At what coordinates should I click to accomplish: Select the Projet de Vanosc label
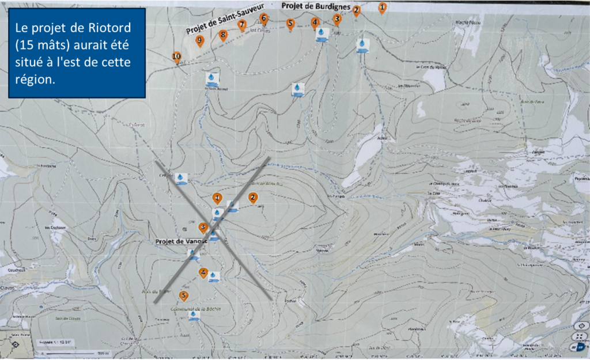coord(176,241)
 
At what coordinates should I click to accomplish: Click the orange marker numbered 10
coord(177,56)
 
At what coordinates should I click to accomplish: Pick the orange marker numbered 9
coord(200,41)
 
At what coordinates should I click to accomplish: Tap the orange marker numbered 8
coord(223,35)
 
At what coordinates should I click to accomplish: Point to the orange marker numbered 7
coord(242,25)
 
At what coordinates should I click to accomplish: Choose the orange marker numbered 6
coord(264,18)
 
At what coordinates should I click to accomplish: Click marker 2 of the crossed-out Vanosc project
coord(252,198)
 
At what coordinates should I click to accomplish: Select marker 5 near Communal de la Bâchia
coord(184,296)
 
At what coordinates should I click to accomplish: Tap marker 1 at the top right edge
coord(382,7)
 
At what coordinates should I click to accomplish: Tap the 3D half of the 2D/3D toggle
coord(581,346)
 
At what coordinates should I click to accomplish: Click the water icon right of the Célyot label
coord(181,179)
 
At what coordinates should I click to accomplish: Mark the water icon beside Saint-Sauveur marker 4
coord(322,34)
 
